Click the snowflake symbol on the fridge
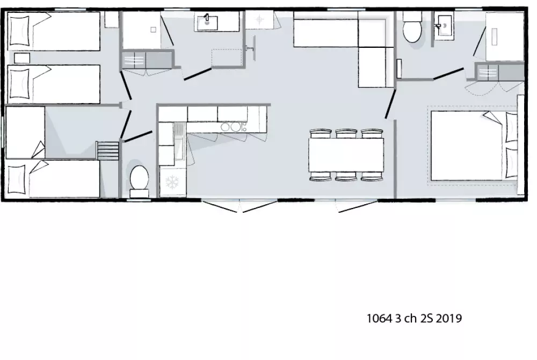pos(172,182)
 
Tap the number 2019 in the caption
pos(449,319)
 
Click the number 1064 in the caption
pos(379,319)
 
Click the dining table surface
pos(346,155)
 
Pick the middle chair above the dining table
pos(346,134)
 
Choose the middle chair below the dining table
pos(346,176)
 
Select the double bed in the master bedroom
pos(474,146)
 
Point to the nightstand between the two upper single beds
pos(22,58)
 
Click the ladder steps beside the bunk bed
pos(107,150)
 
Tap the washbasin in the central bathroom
pos(207,21)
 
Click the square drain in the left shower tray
pos(154,30)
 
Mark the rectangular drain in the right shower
pos(494,37)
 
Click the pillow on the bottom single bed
pos(17,179)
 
